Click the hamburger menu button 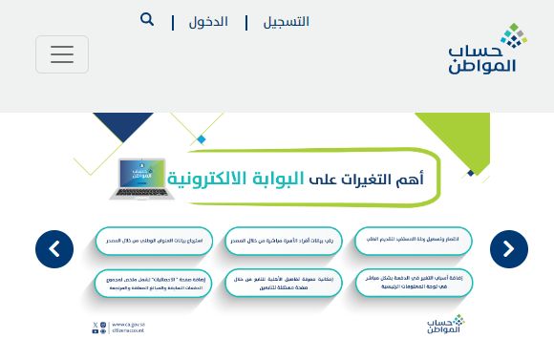pyautogui.click(x=62, y=54)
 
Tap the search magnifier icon pyautogui.click(x=147, y=20)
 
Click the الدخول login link pyautogui.click(x=208, y=22)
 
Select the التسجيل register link pyautogui.click(x=287, y=22)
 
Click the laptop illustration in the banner pyautogui.click(x=140, y=179)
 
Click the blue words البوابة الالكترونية pyautogui.click(x=236, y=179)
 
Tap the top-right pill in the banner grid pyautogui.click(x=413, y=241)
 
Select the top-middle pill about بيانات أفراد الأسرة pyautogui.click(x=284, y=241)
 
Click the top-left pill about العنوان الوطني pyautogui.click(x=153, y=241)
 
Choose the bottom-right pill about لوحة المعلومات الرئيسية pyautogui.click(x=413, y=282)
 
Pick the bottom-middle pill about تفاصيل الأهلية pyautogui.click(x=284, y=283)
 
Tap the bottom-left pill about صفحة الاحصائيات pyautogui.click(x=153, y=283)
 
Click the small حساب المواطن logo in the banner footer pyautogui.click(x=445, y=325)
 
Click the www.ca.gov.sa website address pyautogui.click(x=128, y=325)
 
